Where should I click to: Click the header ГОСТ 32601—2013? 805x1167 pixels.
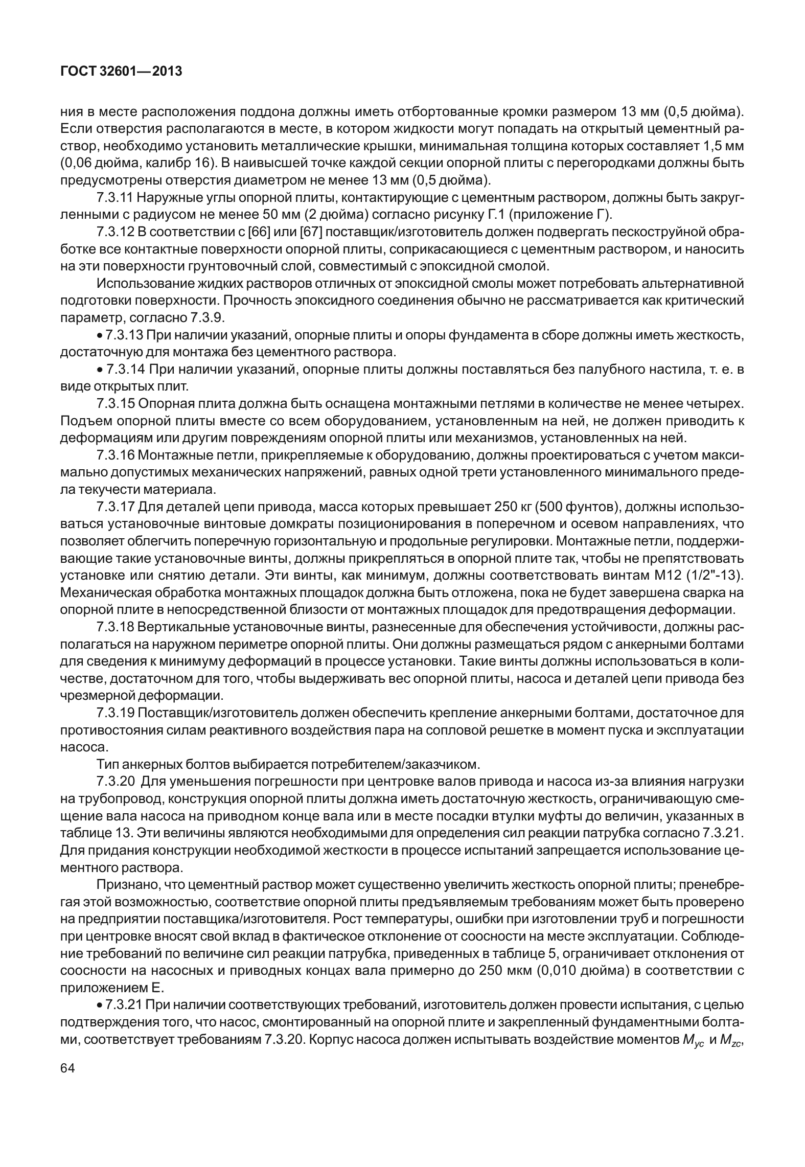coord(121,72)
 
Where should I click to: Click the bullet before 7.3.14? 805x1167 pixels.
coord(100,370)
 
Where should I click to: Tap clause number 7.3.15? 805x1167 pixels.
coord(115,404)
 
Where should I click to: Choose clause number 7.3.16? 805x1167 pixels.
coord(115,455)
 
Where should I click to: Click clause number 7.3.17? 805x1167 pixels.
coord(115,507)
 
